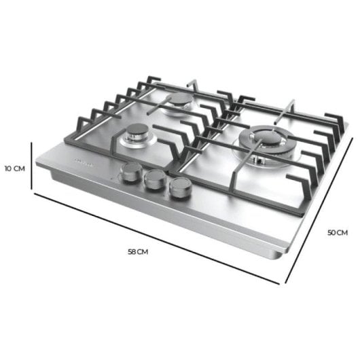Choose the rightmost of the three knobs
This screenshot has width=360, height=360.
pyautogui.click(x=179, y=188)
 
